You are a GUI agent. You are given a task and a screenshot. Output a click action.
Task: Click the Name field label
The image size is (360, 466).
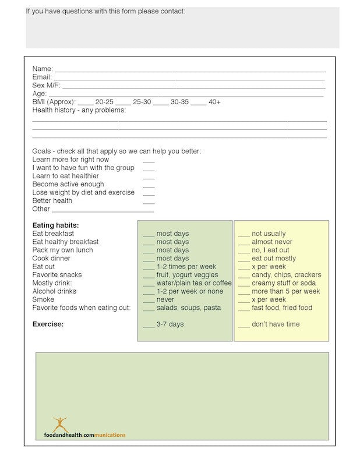43,69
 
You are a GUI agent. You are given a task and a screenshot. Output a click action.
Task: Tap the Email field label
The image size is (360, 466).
42,77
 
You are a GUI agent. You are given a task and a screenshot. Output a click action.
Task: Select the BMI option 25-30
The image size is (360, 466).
142,102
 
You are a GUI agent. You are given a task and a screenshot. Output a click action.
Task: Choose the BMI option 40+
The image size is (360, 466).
214,102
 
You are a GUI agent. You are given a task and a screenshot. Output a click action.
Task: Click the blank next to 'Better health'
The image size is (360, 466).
149,201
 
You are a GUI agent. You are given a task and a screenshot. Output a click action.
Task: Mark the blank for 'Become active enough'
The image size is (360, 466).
149,185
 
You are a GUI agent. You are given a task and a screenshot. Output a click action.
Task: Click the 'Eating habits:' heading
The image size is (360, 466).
55,225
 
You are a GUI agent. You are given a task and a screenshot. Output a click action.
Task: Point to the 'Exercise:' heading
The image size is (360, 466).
48,324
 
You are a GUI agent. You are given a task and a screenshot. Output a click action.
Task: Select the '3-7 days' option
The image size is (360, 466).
170,324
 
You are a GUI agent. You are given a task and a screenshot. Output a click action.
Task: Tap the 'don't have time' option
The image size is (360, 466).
276,324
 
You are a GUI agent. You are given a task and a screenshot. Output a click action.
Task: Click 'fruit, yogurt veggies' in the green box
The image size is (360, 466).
187,275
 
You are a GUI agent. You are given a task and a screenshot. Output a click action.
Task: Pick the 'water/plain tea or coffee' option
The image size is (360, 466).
193,283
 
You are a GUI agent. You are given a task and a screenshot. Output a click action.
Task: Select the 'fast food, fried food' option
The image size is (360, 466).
282,308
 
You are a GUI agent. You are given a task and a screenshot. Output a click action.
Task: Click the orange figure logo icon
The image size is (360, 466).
60,423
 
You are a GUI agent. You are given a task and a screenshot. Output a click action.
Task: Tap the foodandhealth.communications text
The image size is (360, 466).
84,435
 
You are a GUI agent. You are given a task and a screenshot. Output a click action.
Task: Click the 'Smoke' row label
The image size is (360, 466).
43,299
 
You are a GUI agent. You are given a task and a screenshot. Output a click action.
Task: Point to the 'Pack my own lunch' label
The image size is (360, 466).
62,250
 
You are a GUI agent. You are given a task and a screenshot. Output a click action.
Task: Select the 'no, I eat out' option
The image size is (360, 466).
270,250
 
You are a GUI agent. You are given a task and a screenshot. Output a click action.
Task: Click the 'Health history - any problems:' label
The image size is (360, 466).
79,110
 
